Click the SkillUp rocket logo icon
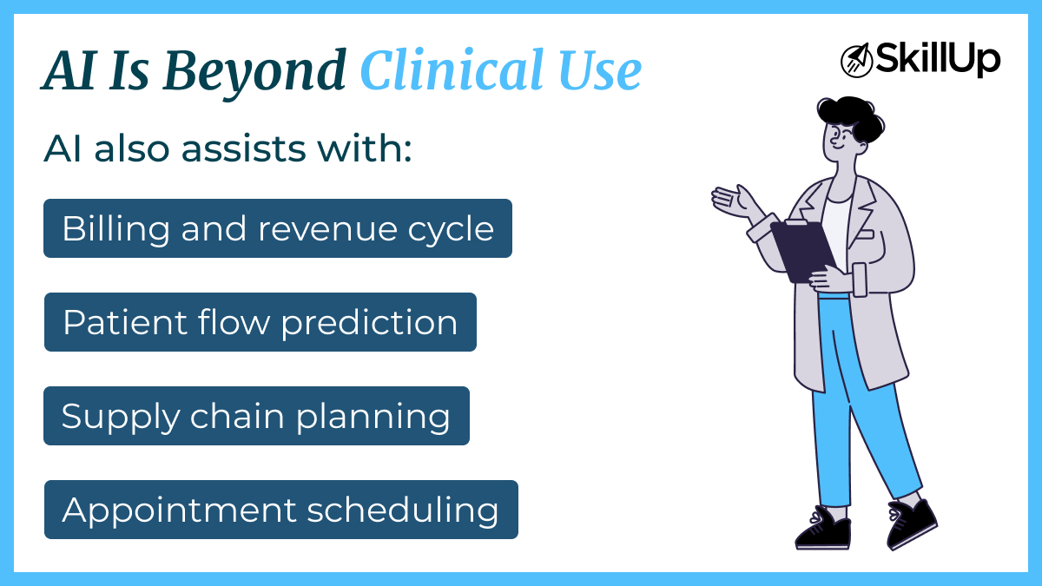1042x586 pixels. pos(856,60)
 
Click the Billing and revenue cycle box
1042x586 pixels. pos(278,228)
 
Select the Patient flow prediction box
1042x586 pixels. pos(260,322)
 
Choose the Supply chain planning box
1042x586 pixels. pos(256,416)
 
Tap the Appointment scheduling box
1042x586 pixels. pos(280,510)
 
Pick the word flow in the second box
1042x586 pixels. pos(235,323)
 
